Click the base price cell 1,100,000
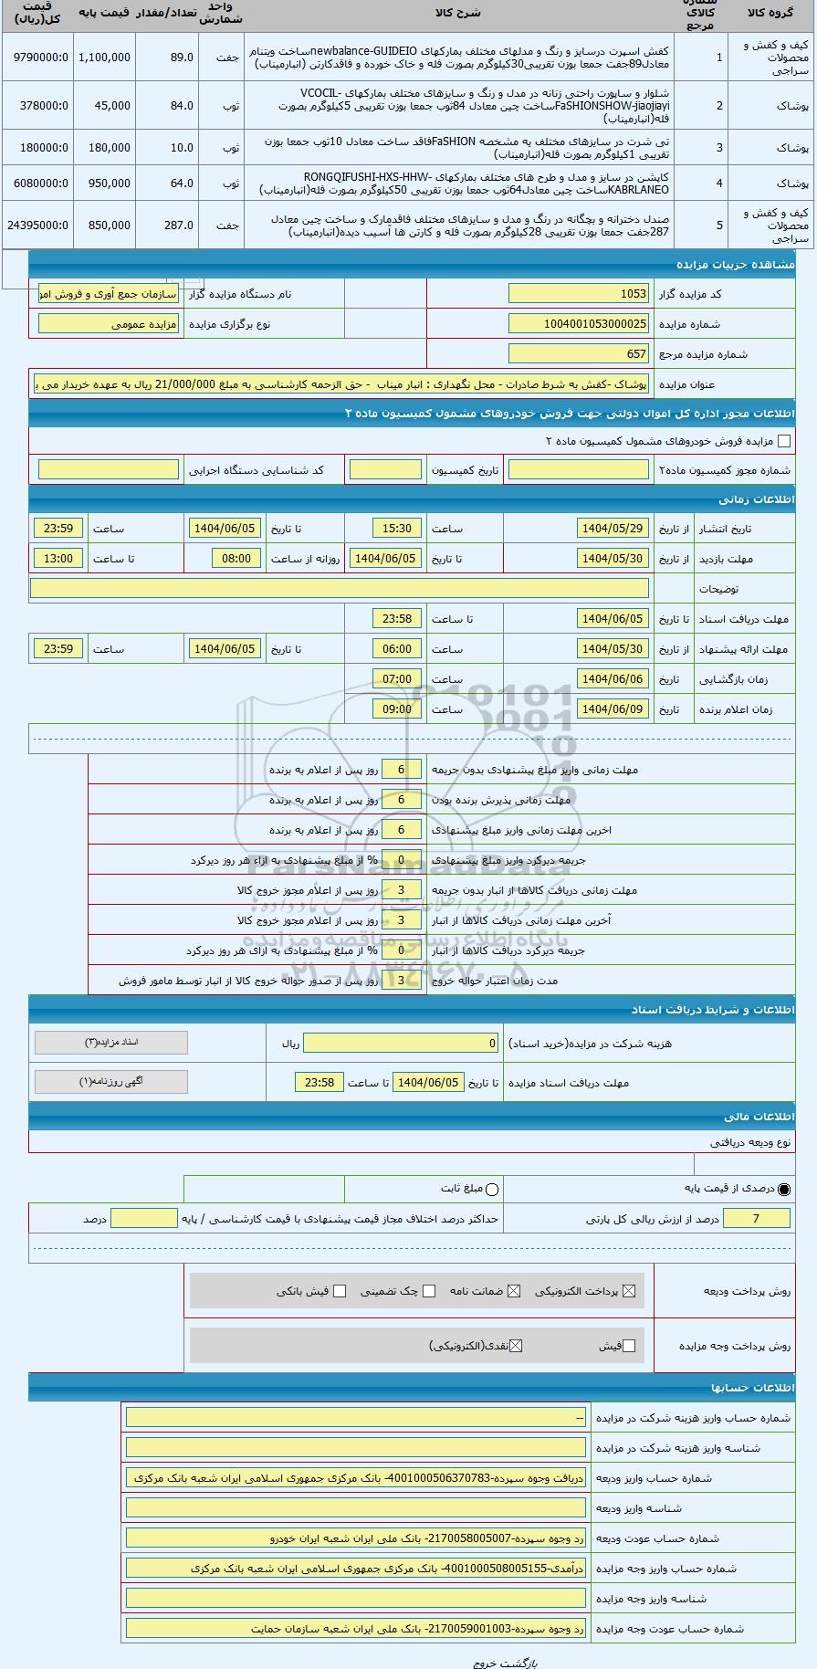[104, 57]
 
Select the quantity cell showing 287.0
[167, 225]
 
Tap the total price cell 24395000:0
[37, 225]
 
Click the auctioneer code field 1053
[579, 294]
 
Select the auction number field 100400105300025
[579, 324]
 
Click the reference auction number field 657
[579, 354]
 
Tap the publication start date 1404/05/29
[612, 529]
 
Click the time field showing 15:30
[397, 529]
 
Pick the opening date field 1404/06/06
[612, 679]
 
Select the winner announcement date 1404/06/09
[612, 709]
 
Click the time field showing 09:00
[397, 709]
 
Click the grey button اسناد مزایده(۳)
[110, 1043]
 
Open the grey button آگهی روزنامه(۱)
[110, 1082]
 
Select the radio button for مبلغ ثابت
[493, 1189]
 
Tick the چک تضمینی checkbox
[429, 1291]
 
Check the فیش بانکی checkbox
[340, 1291]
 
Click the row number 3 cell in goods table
[719, 147]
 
